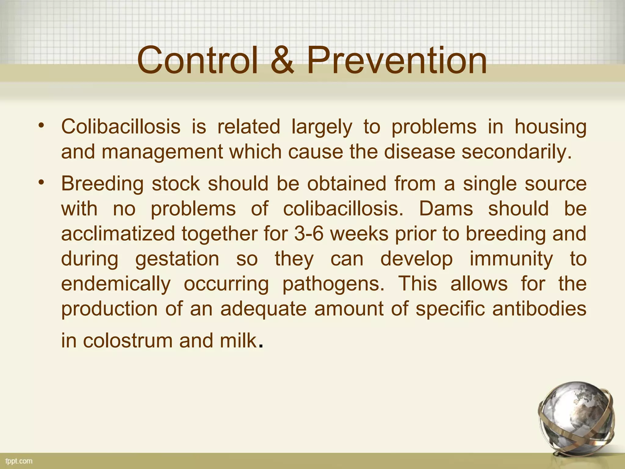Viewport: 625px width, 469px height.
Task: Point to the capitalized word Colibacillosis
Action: [121, 126]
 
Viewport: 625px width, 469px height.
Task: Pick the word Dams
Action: [446, 209]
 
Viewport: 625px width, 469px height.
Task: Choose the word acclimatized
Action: [118, 234]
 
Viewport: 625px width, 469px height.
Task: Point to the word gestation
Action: [177, 260]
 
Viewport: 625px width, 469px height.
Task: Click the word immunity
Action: [511, 260]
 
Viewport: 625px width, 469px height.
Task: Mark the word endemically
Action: [116, 284]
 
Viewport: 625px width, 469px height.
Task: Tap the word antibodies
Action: [539, 309]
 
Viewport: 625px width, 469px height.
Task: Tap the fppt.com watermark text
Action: [19, 461]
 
